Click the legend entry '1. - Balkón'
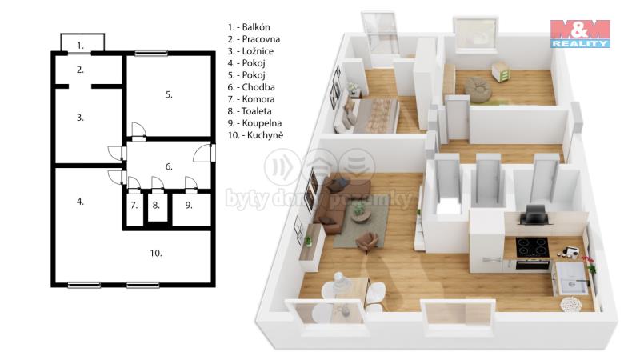coord(249,27)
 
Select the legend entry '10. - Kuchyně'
coord(255,135)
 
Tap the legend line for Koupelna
coord(254,123)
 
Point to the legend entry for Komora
coord(250,99)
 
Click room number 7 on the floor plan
coord(134,206)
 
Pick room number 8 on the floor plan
coord(156,206)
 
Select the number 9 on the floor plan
coord(189,206)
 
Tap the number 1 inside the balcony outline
coord(81,46)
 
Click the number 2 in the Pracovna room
coord(81,70)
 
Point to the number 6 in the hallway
coord(169,166)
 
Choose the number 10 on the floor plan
coord(156,254)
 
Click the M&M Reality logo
coord(580,34)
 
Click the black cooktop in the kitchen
coord(531,247)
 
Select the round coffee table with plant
coord(361,214)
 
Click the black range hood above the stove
coord(534,215)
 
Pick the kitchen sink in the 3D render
coord(571,278)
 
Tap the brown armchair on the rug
coord(366,242)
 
